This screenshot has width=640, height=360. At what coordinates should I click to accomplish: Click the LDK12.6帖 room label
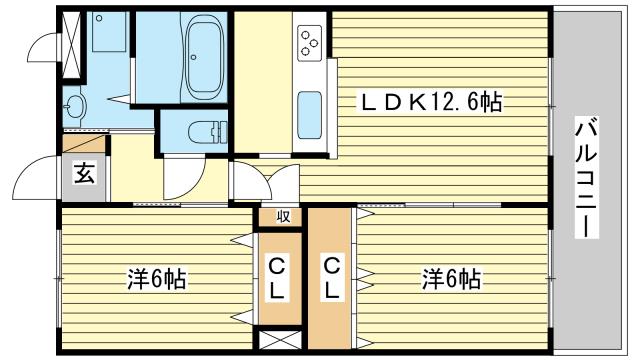point(429,102)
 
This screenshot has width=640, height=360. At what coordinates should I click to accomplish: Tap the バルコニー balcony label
point(587,177)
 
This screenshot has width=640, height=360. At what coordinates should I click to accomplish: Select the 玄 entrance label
point(84,173)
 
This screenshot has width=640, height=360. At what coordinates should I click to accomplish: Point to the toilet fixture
point(207,132)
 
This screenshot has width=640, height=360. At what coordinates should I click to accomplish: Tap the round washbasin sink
point(75,107)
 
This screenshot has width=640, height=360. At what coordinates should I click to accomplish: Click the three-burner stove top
point(309,43)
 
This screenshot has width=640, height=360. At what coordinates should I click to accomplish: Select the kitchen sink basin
point(309,115)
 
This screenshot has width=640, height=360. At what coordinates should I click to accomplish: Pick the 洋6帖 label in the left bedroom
point(157,279)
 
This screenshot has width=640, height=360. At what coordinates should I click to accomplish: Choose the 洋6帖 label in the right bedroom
point(451,279)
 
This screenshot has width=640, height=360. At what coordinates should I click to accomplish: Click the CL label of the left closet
point(276,278)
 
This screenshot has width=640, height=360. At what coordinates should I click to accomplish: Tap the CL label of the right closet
point(331,278)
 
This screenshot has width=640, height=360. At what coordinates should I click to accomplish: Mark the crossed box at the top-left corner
point(72,44)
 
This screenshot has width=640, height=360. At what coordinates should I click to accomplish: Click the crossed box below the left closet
point(280,340)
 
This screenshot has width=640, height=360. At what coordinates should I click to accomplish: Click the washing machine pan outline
point(109,32)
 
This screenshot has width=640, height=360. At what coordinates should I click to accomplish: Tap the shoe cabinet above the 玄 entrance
point(84,144)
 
